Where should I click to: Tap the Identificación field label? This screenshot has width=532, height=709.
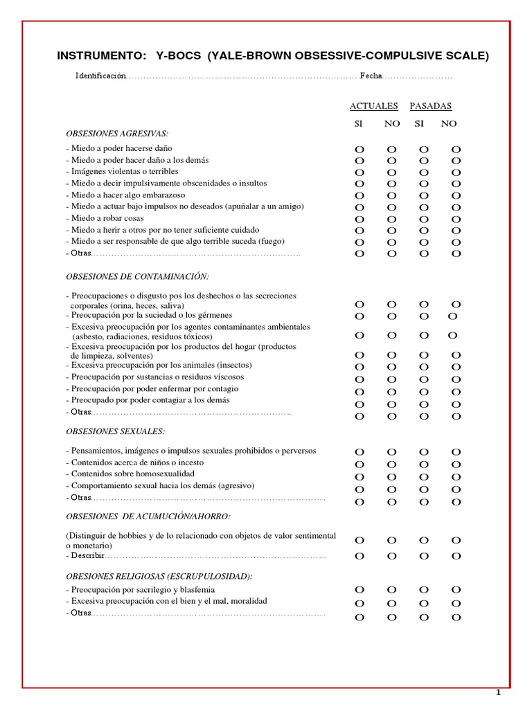101,75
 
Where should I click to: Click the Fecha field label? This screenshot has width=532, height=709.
371,75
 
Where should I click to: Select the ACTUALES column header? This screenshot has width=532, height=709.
374,106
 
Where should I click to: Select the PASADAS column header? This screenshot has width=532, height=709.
430,106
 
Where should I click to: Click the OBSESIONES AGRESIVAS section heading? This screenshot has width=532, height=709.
117,133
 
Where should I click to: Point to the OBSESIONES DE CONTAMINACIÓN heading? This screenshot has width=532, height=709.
137,276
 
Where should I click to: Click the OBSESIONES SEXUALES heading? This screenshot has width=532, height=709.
115,431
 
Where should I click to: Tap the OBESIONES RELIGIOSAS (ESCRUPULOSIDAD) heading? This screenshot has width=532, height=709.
159,576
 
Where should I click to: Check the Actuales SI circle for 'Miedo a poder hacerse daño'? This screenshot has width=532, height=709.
359,150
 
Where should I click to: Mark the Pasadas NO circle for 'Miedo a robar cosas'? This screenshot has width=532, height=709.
456,219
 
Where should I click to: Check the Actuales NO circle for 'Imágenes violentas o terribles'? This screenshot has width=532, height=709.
391,172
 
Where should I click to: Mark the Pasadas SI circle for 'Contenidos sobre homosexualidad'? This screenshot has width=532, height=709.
424,477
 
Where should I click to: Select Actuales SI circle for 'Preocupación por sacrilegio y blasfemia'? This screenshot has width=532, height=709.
359,590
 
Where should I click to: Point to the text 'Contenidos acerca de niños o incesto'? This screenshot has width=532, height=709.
136,463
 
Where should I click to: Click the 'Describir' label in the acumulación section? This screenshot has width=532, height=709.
86,556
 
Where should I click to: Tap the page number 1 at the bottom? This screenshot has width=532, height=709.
497,694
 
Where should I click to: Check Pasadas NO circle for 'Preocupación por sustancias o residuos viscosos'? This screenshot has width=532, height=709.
456,379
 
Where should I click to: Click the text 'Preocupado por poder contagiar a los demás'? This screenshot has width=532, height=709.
148,400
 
